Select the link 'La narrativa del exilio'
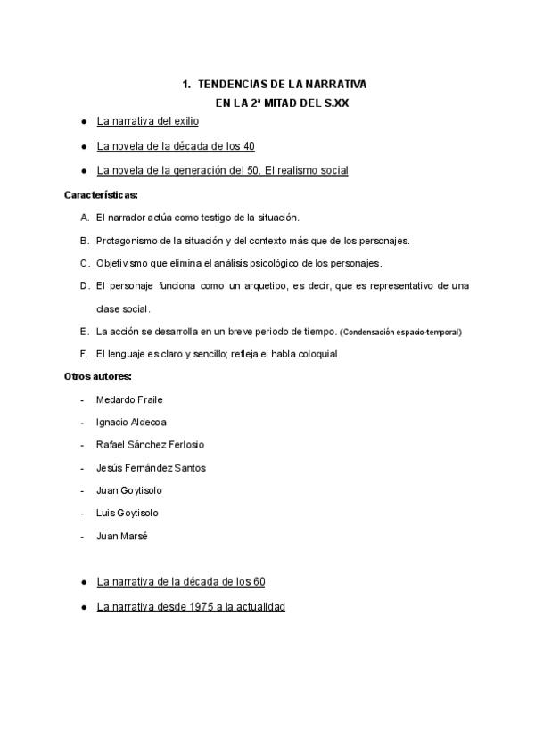pyautogui.click(x=147, y=120)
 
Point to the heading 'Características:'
pyautogui.click(x=101, y=194)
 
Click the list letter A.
pyautogui.click(x=84, y=217)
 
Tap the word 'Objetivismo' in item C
pyautogui.click(x=122, y=263)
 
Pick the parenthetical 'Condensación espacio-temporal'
pyautogui.click(x=401, y=333)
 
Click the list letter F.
pyautogui.click(x=83, y=354)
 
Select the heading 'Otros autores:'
pyautogui.click(x=98, y=376)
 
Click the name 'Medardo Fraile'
pyautogui.click(x=129, y=399)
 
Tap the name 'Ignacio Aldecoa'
pyautogui.click(x=131, y=422)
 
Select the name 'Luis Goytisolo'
pyautogui.click(x=128, y=514)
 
